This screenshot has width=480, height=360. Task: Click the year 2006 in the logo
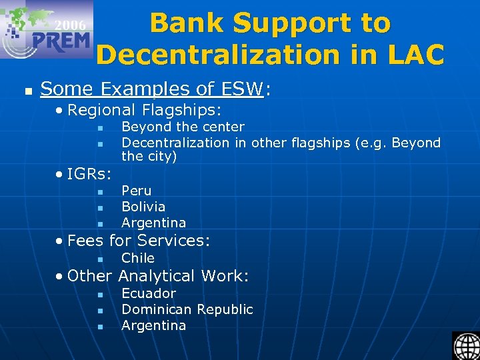[x=70, y=25]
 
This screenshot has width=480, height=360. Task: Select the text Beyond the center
[x=183, y=127]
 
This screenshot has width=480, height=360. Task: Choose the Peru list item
[x=136, y=191]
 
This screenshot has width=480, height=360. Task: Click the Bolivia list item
[x=143, y=207]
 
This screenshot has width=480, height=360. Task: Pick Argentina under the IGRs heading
[x=153, y=223]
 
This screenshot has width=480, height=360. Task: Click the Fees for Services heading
[x=139, y=240]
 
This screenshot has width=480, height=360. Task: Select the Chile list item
[x=137, y=258]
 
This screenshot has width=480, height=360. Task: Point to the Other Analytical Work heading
[x=158, y=275]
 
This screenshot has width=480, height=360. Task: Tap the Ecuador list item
[x=149, y=293]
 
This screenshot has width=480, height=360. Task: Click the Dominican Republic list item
[x=187, y=309]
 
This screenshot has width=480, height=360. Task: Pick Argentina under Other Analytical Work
[x=153, y=325]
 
